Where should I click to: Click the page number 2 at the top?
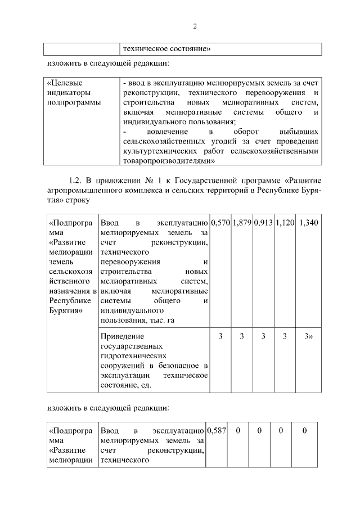195,26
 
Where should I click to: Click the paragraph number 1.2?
76,181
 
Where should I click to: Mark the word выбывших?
300,132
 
